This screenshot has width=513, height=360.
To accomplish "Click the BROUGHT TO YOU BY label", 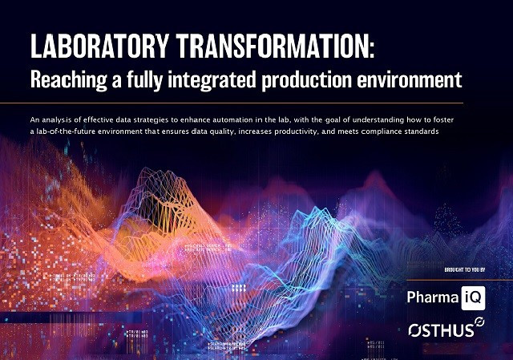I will tap(465, 269).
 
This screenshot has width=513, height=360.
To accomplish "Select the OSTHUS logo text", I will tap(438, 329).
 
